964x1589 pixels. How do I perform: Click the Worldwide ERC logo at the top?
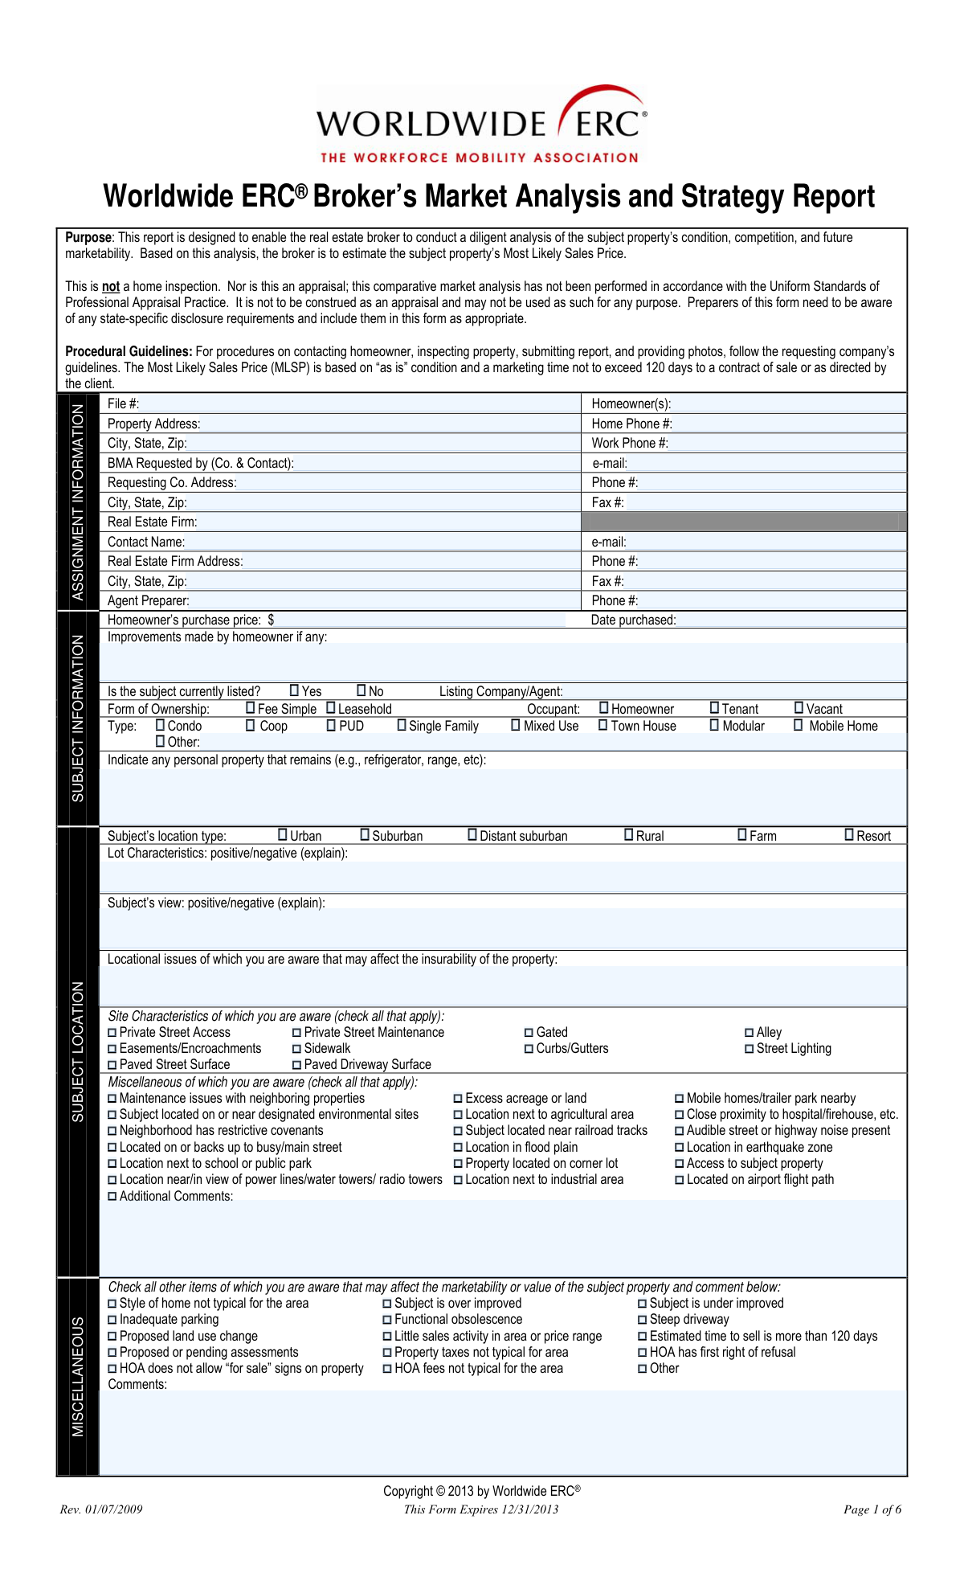tap(481, 125)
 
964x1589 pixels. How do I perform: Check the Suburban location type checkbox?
tap(365, 835)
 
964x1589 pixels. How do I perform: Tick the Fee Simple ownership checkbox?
tap(251, 708)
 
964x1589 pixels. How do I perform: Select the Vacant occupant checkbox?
tap(799, 708)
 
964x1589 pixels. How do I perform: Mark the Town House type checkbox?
tap(603, 725)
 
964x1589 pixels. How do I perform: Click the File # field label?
tap(123, 404)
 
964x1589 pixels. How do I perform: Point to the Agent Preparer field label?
tap(149, 601)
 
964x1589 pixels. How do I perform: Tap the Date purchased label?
tap(633, 620)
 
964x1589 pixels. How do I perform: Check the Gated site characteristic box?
tap(529, 1033)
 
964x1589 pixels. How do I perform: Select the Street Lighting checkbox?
tap(749, 1049)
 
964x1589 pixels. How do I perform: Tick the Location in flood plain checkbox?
tap(458, 1148)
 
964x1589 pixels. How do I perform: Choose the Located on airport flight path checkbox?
tap(680, 1180)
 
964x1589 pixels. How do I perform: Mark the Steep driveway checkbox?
tap(642, 1320)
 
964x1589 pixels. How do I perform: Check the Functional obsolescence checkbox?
tap(387, 1320)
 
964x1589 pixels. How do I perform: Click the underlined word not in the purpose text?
tap(111, 287)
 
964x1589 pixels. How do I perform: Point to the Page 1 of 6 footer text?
tap(872, 1509)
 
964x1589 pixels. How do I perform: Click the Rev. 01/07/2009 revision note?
tap(101, 1509)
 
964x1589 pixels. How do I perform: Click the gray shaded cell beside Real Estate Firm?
tap(743, 522)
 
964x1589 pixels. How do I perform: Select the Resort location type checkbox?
tap(849, 835)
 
